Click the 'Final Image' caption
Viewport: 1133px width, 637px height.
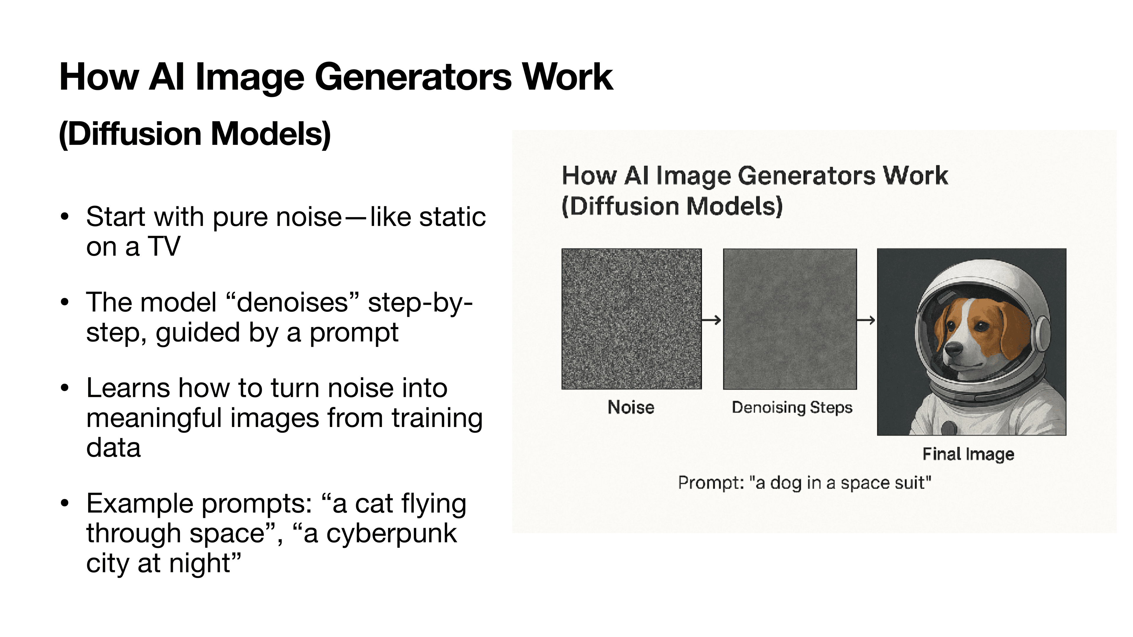[968, 454]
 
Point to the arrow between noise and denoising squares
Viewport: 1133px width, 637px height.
[711, 320]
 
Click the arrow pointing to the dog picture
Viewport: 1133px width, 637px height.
[866, 320]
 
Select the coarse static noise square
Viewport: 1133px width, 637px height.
[631, 319]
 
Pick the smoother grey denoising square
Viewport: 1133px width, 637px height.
[790, 319]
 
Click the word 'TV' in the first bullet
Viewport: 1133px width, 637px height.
[164, 246]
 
